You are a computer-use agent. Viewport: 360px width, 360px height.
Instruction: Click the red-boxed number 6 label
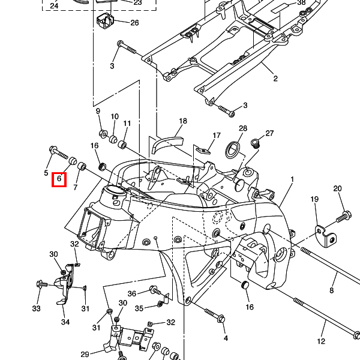pyautogui.click(x=59, y=179)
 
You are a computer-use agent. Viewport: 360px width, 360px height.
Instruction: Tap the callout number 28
pyautogui.click(x=243, y=129)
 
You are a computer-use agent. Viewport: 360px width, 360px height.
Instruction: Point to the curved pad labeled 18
pyautogui.click(x=168, y=145)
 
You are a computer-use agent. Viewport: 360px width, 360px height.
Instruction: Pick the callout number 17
pyautogui.click(x=217, y=136)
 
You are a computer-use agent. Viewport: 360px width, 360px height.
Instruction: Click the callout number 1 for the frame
pyautogui.click(x=293, y=179)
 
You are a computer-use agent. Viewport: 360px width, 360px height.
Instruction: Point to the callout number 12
pyautogui.click(x=321, y=341)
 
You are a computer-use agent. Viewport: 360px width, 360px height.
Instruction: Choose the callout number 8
pyautogui.click(x=331, y=290)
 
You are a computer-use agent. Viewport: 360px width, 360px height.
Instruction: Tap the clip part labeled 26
pyautogui.click(x=105, y=22)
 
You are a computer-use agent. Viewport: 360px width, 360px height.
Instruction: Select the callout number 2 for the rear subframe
pyautogui.click(x=275, y=79)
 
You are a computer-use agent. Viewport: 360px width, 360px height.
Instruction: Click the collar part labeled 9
pyautogui.click(x=102, y=131)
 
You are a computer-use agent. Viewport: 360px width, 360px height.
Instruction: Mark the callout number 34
pyautogui.click(x=65, y=322)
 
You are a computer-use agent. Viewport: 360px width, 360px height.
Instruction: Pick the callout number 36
pyautogui.click(x=132, y=293)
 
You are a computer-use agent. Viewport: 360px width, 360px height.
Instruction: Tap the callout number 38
pyautogui.click(x=301, y=2)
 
